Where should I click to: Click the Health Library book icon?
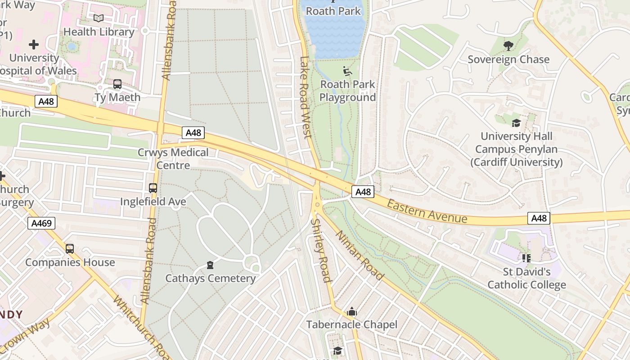click(99, 18)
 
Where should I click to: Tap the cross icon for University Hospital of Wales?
click(34, 45)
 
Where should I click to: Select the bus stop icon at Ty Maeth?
click(117, 84)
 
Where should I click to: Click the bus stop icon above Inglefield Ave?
click(153, 188)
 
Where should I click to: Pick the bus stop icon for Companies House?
click(70, 249)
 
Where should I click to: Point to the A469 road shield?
click(41, 223)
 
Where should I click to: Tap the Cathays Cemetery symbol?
click(210, 265)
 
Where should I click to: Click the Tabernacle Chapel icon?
click(351, 311)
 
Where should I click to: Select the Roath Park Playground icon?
click(347, 71)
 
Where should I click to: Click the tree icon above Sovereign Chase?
click(508, 46)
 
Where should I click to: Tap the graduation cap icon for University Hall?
click(516, 123)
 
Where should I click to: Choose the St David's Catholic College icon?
click(526, 258)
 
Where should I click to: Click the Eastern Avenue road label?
click(427, 211)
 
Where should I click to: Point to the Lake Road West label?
click(305, 97)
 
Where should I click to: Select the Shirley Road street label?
click(321, 251)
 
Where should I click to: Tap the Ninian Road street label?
click(360, 255)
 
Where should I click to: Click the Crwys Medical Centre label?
click(173, 159)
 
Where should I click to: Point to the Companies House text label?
click(70, 262)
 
